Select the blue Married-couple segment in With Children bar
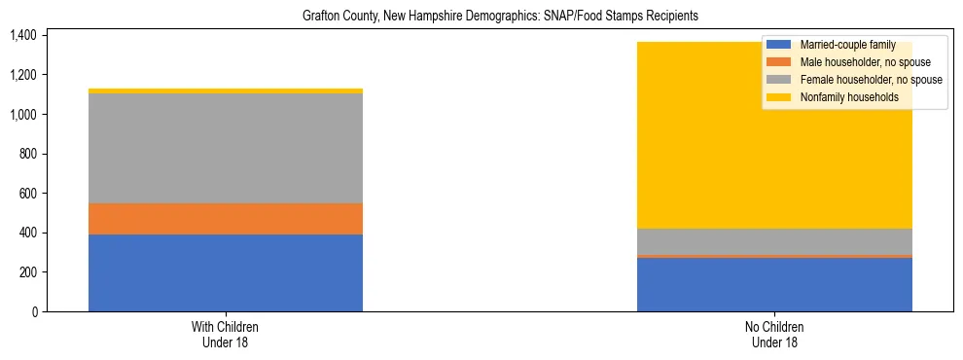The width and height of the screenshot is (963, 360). (x=226, y=273)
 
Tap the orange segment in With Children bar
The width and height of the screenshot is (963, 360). (x=226, y=219)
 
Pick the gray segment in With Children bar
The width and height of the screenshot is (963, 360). (x=226, y=148)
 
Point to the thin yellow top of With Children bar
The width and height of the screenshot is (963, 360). (x=226, y=90)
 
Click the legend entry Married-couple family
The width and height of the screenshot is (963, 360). (x=855, y=45)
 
